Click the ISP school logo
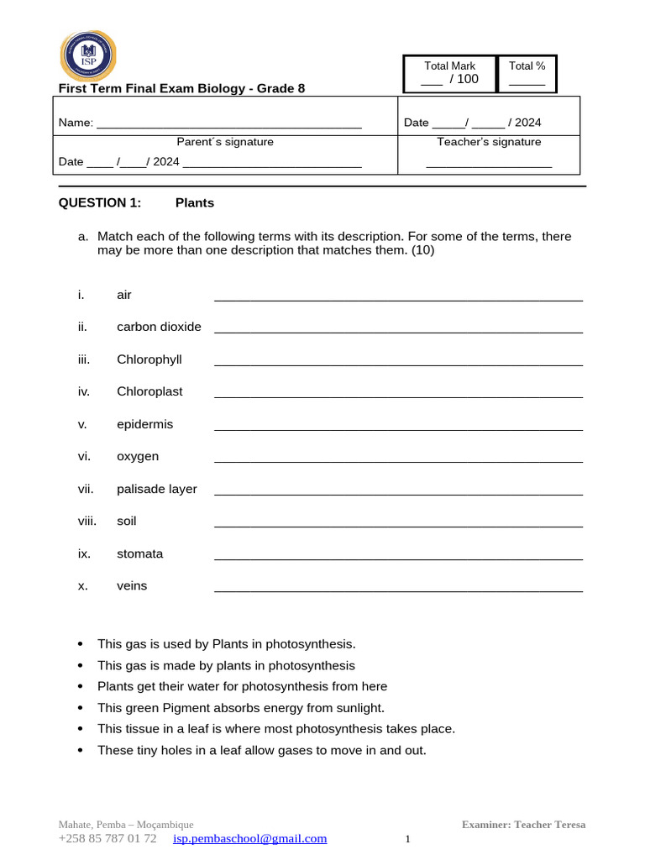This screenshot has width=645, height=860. [x=88, y=55]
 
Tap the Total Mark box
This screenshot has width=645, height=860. [x=449, y=73]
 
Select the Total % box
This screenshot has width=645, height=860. [x=527, y=73]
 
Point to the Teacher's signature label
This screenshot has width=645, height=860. [x=489, y=142]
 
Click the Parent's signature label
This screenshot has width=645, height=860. [x=224, y=142]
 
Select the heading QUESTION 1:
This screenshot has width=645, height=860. [x=100, y=202]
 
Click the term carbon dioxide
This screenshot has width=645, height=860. [x=159, y=327]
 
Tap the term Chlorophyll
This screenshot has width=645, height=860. [x=149, y=359]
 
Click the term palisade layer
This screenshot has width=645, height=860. [x=156, y=489]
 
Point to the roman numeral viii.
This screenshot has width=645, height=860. [x=87, y=521]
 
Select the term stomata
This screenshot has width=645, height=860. [x=139, y=553]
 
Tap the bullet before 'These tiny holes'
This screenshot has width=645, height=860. [x=81, y=750]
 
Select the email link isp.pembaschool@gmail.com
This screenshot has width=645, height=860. [x=249, y=838]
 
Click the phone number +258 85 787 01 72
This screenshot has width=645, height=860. [x=107, y=838]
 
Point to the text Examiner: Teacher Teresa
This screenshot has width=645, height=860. [x=523, y=825]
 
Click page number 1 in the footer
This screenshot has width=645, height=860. [x=407, y=839]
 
